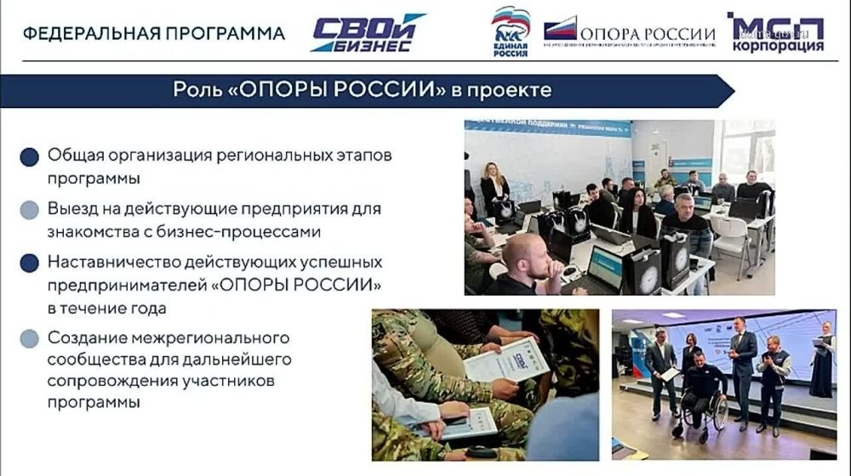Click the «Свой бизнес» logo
pyautogui.click(x=368, y=33)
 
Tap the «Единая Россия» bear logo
pyautogui.click(x=511, y=31)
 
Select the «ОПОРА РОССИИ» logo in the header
pyautogui.click(x=629, y=33)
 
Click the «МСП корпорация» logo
pyautogui.click(x=775, y=33)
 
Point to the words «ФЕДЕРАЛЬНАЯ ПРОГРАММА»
pyautogui.click(x=153, y=34)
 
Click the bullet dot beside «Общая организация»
pyautogui.click(x=30, y=158)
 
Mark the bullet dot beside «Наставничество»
pyautogui.click(x=30, y=263)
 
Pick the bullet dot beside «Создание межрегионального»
pyautogui.click(x=30, y=338)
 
